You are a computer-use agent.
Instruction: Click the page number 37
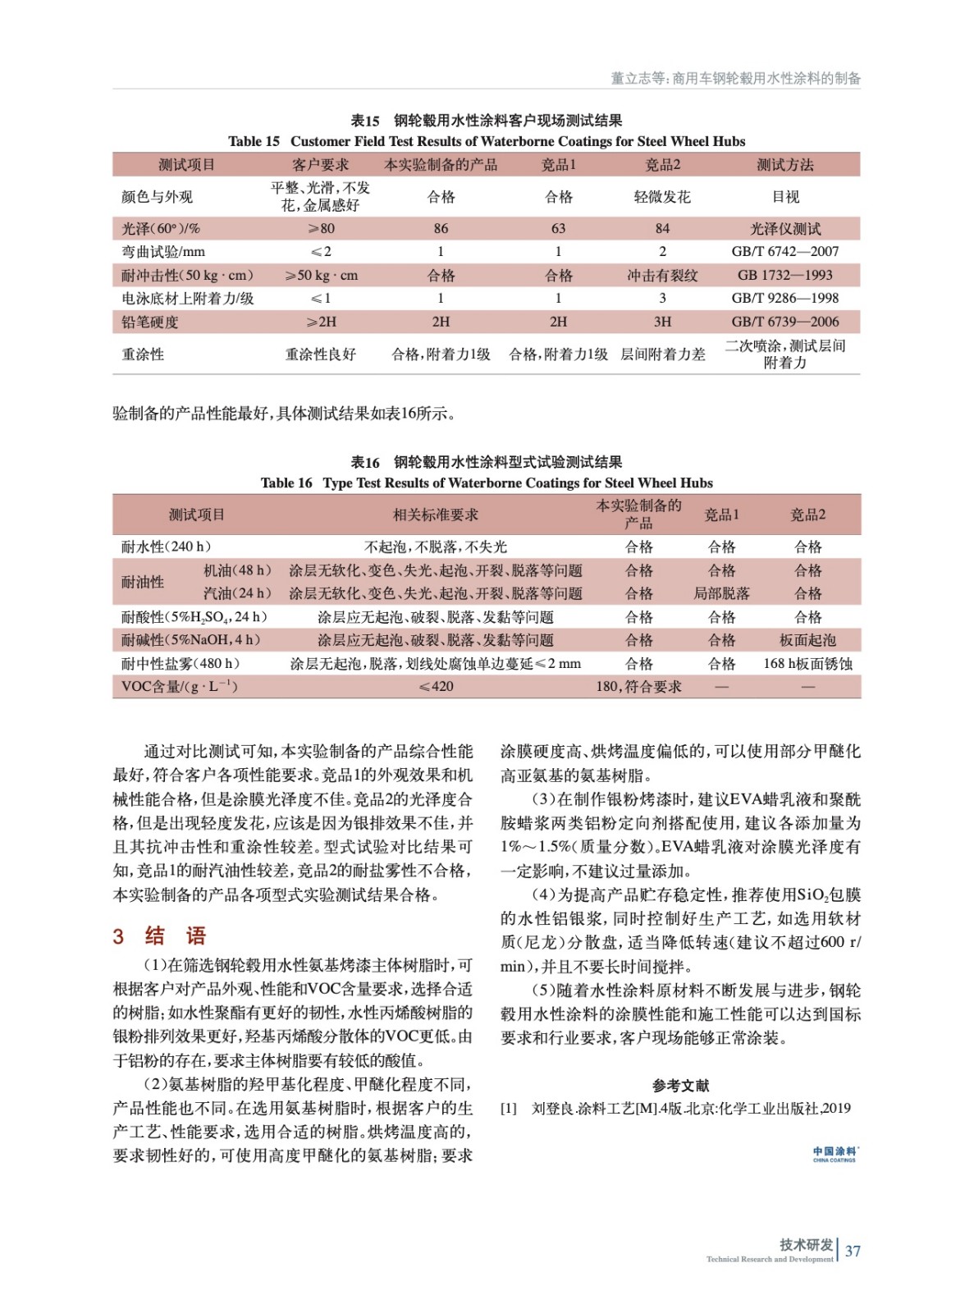pos(853,1251)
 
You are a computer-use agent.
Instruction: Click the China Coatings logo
pos(834,1154)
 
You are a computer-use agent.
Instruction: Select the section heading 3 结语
pos(159,936)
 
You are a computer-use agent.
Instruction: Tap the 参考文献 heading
pos(680,1085)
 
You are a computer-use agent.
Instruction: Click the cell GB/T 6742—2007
pos(784,251)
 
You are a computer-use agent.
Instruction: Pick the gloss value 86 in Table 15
pos(441,228)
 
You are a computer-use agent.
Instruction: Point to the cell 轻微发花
pos(661,197)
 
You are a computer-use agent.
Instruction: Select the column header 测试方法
pos(784,165)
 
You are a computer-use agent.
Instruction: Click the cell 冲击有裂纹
pos(661,275)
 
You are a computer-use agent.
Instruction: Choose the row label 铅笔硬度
pos(150,322)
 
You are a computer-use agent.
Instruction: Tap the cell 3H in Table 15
pos(661,322)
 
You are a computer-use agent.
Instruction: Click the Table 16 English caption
pos(487,483)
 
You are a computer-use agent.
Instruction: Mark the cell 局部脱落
pos(721,593)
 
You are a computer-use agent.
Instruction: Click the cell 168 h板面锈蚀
pos(807,663)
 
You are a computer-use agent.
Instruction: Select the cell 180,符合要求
pos(638,686)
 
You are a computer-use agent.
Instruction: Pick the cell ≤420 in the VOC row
pos(436,686)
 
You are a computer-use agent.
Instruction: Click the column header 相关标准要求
pos(435,515)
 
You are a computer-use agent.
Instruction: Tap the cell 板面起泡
pos(807,640)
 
